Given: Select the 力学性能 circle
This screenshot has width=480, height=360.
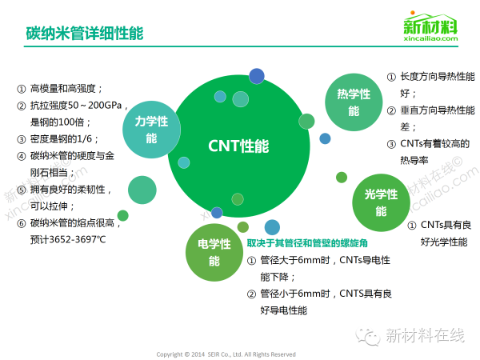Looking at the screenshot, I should (x=151, y=130).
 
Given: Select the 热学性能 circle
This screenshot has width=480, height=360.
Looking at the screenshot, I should (x=354, y=102).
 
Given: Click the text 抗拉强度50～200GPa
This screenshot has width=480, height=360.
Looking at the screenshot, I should (x=70, y=105).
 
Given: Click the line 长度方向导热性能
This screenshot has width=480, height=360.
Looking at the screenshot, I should (x=437, y=77).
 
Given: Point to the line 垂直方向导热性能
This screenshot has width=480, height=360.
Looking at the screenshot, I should (x=437, y=110).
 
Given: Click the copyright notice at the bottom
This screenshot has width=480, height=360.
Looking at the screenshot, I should (x=226, y=354).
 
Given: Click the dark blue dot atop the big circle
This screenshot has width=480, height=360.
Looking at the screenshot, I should (x=256, y=76).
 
